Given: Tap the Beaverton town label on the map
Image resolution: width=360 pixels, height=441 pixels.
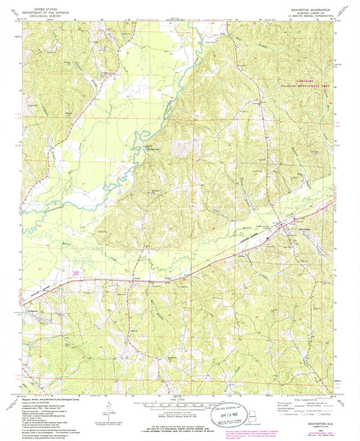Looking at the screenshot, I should pos(305,228).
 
